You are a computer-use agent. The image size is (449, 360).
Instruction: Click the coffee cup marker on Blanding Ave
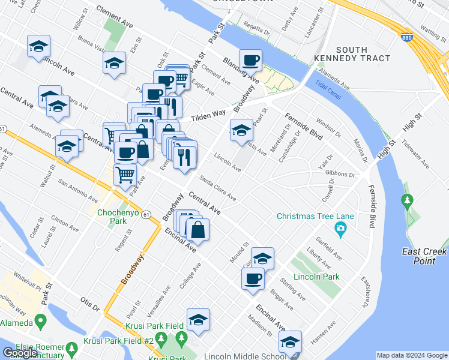click(250, 61)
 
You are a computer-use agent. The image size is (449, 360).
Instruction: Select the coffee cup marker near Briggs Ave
click(253, 279)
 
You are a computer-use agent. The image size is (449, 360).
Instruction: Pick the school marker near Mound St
click(262, 259)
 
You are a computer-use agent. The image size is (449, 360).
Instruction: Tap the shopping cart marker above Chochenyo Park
click(125, 175)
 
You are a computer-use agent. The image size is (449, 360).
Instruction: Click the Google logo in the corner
click(20, 352)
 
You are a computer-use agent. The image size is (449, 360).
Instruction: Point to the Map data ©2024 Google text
click(411, 355)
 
